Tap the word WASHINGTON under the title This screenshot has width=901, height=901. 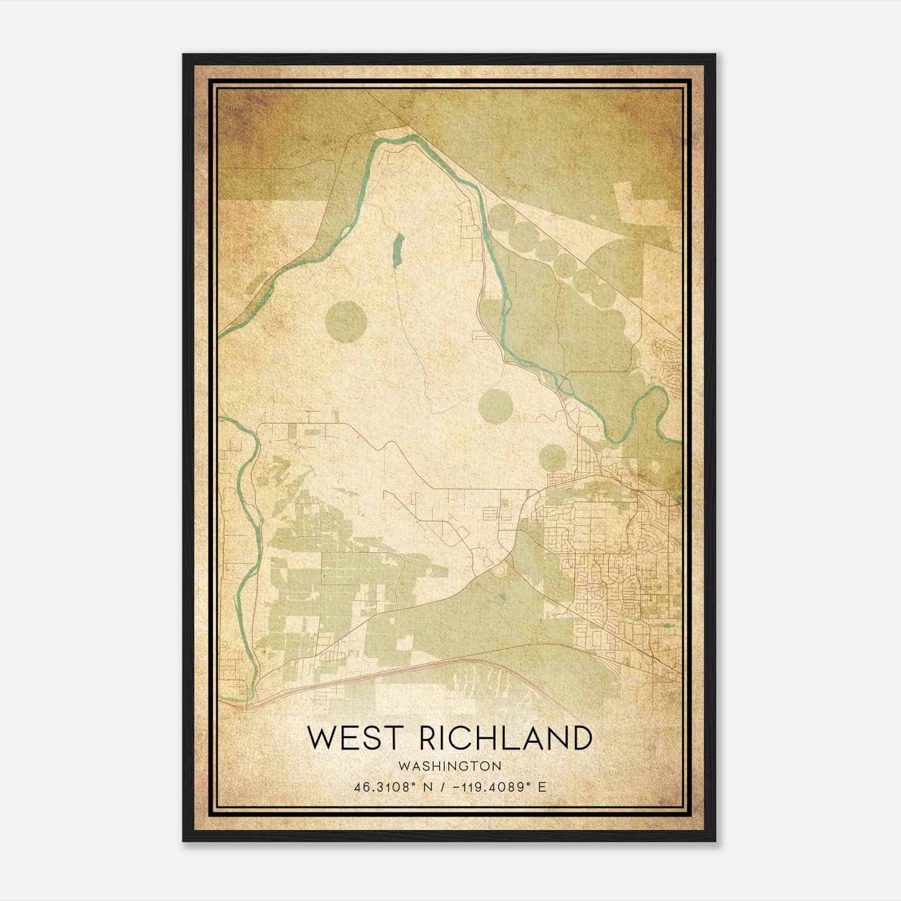pos(449,766)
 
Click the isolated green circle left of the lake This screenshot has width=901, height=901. pos(346,322)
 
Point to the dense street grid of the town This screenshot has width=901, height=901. pos(614,574)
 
